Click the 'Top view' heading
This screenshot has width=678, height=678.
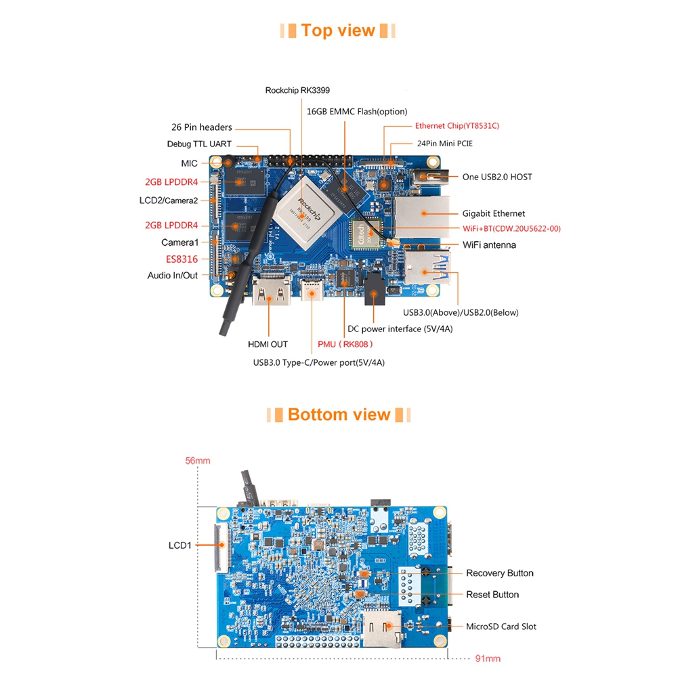[338, 30]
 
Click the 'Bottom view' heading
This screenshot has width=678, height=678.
[339, 415]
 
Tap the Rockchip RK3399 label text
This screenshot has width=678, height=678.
[297, 90]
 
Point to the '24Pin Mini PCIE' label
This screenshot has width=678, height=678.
[444, 144]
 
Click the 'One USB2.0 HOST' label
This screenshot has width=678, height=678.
[497, 177]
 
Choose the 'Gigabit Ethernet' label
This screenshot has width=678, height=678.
[494, 213]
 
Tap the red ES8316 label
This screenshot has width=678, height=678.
[182, 259]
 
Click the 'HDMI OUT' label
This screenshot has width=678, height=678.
[268, 344]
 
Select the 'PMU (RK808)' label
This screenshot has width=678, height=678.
[345, 344]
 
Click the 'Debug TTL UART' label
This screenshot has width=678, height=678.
[199, 144]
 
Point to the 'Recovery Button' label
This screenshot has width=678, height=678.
[499, 573]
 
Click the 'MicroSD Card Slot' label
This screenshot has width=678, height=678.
[501, 627]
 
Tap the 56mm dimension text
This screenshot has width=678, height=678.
[198, 461]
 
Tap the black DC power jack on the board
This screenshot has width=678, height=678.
[375, 291]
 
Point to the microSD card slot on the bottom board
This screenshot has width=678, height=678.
[383, 626]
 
